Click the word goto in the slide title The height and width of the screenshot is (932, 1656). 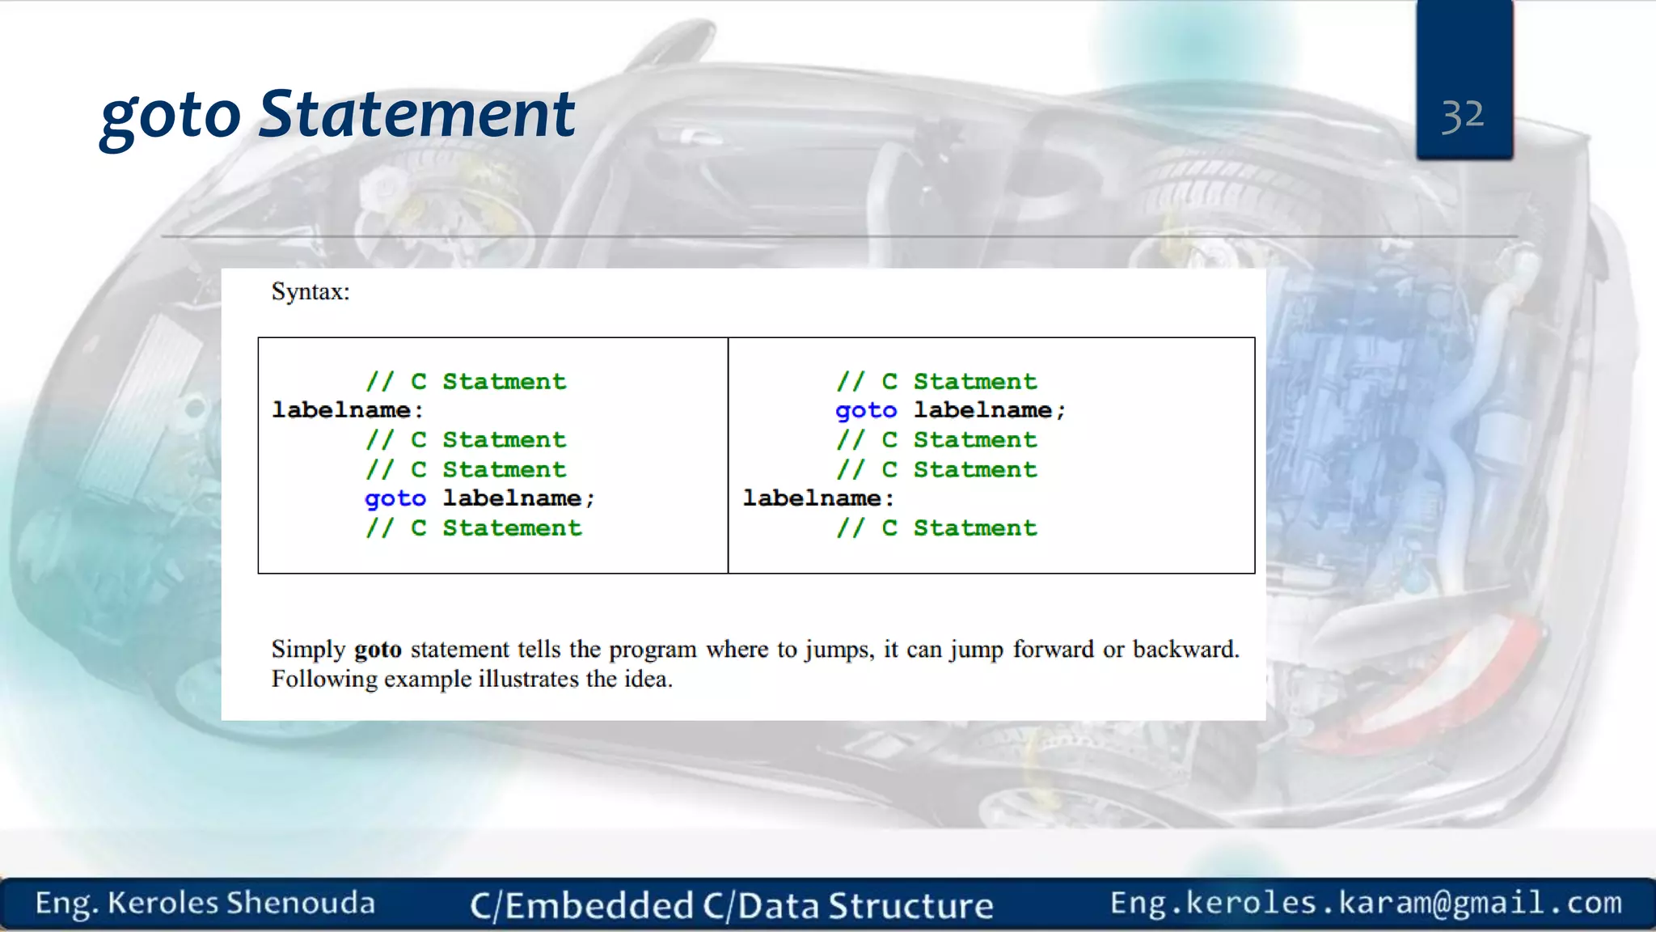(171, 116)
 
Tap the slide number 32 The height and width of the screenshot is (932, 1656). (1463, 116)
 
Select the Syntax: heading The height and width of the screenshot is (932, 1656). (310, 291)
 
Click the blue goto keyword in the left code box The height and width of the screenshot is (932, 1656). (395, 498)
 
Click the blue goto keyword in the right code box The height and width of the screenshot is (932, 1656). (866, 410)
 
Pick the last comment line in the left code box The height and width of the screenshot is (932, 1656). (473, 528)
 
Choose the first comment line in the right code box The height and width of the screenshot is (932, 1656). (936, 381)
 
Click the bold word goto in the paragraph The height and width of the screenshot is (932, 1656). (378, 650)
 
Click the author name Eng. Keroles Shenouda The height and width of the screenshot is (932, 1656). (205, 903)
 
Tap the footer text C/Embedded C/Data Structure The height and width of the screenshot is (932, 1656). (732, 905)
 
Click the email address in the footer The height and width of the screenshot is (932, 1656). (1366, 903)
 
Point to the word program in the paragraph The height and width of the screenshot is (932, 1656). (653, 650)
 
